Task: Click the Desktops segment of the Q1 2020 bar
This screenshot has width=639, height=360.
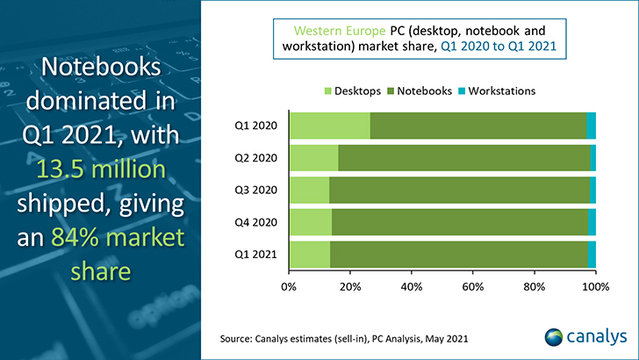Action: [x=330, y=126]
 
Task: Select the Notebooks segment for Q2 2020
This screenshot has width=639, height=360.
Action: [x=464, y=158]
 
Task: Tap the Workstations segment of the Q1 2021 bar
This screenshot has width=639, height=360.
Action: [x=592, y=255]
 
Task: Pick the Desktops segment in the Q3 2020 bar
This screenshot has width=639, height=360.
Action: [x=310, y=190]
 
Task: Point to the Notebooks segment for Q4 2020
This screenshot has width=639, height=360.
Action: [x=460, y=222]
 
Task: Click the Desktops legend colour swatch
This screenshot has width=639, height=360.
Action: [x=328, y=91]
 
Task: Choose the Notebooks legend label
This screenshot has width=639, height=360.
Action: [x=424, y=91]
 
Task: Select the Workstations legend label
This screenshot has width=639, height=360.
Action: [x=502, y=91]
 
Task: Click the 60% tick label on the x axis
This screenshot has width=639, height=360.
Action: [x=473, y=286]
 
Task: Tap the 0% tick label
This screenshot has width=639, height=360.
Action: [x=289, y=286]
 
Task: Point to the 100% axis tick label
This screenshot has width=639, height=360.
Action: [x=595, y=286]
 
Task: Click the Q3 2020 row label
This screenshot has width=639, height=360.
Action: [x=255, y=190]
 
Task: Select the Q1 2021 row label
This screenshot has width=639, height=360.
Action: [x=255, y=255]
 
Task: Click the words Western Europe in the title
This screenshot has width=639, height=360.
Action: [x=340, y=31]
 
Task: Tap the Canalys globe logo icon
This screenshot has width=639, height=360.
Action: [x=553, y=337]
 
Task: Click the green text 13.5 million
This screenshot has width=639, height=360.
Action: [x=101, y=169]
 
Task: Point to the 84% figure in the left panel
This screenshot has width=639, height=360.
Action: [x=70, y=237]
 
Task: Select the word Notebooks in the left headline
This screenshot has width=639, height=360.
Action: [x=101, y=67]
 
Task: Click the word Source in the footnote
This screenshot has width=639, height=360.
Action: [x=235, y=339]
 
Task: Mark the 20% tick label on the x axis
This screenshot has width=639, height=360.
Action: [x=350, y=286]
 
